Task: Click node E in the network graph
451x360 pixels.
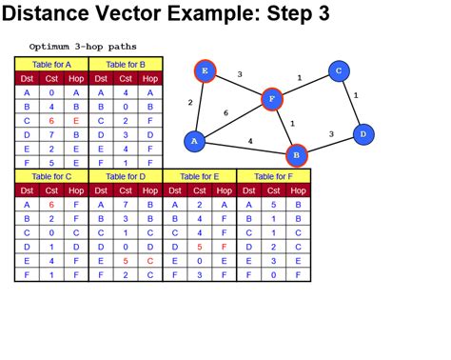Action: point(204,70)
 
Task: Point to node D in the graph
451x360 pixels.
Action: point(362,135)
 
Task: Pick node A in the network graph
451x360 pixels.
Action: point(195,141)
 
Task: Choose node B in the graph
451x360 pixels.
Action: point(296,154)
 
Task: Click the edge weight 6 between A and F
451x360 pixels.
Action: point(225,113)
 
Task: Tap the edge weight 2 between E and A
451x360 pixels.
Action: point(190,103)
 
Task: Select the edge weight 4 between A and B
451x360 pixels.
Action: point(249,141)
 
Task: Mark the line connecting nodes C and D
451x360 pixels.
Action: point(350,103)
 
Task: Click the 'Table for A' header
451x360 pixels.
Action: point(51,64)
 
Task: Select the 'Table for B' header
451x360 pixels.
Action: point(126,64)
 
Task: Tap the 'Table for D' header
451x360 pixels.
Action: point(126,176)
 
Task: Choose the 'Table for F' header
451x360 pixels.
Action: point(274,176)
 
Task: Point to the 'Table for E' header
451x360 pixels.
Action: point(200,176)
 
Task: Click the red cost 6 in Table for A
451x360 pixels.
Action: point(51,121)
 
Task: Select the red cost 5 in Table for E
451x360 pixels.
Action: point(200,246)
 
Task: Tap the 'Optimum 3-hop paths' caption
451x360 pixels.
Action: point(83,46)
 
